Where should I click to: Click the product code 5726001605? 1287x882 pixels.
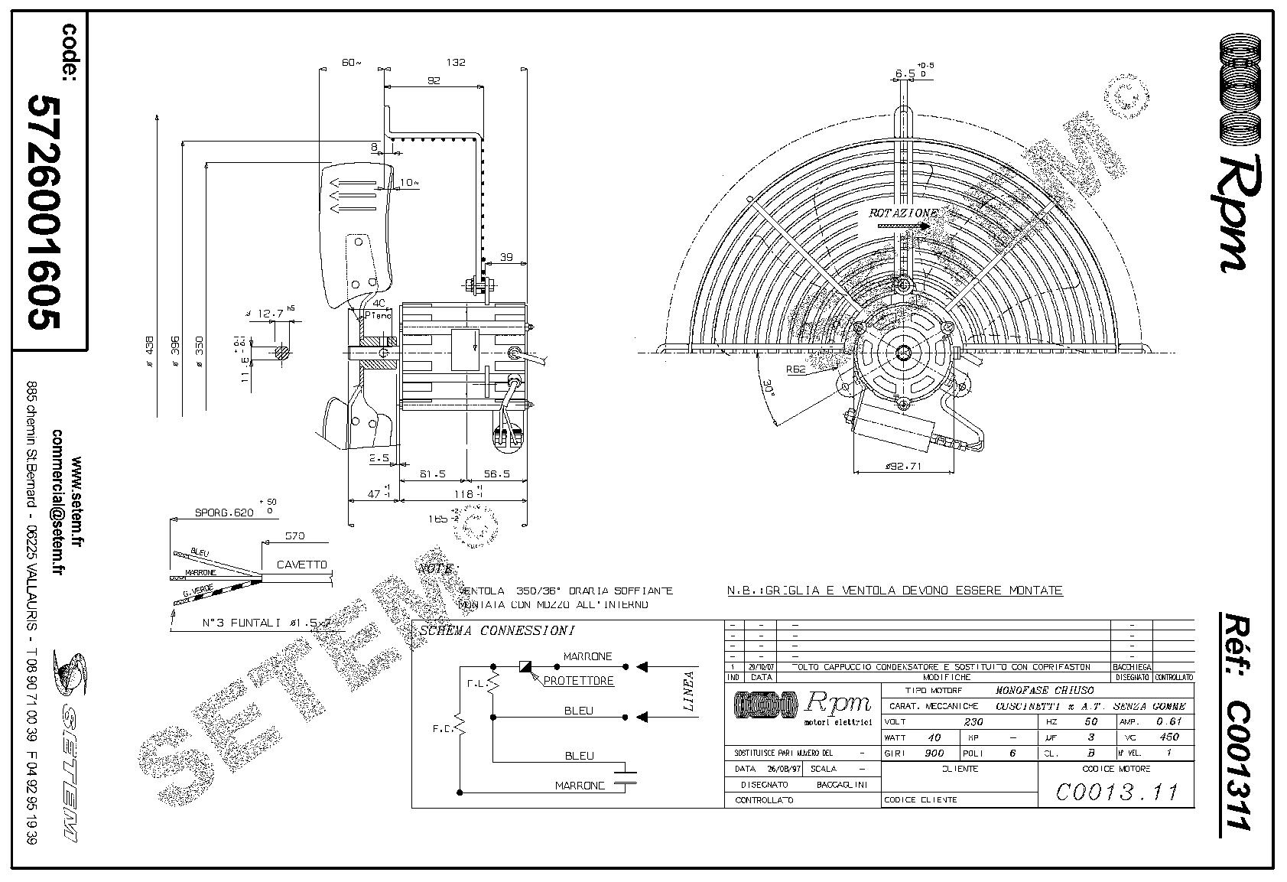pyautogui.click(x=44, y=212)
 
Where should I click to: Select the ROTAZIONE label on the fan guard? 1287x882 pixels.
pyautogui.click(x=902, y=213)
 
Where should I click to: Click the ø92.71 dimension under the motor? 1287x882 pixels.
pyautogui.click(x=903, y=465)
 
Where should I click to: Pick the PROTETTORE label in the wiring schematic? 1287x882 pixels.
pyautogui.click(x=578, y=681)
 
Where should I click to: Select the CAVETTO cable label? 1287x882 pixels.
pyautogui.click(x=301, y=565)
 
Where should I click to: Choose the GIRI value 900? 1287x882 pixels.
pyautogui.click(x=934, y=753)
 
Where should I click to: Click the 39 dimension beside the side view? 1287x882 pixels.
pyautogui.click(x=506, y=258)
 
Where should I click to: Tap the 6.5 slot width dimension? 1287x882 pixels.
pyautogui.click(x=905, y=74)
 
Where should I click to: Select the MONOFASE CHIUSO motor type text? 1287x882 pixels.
pyautogui.click(x=1045, y=690)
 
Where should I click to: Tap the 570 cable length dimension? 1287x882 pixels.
pyautogui.click(x=294, y=536)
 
